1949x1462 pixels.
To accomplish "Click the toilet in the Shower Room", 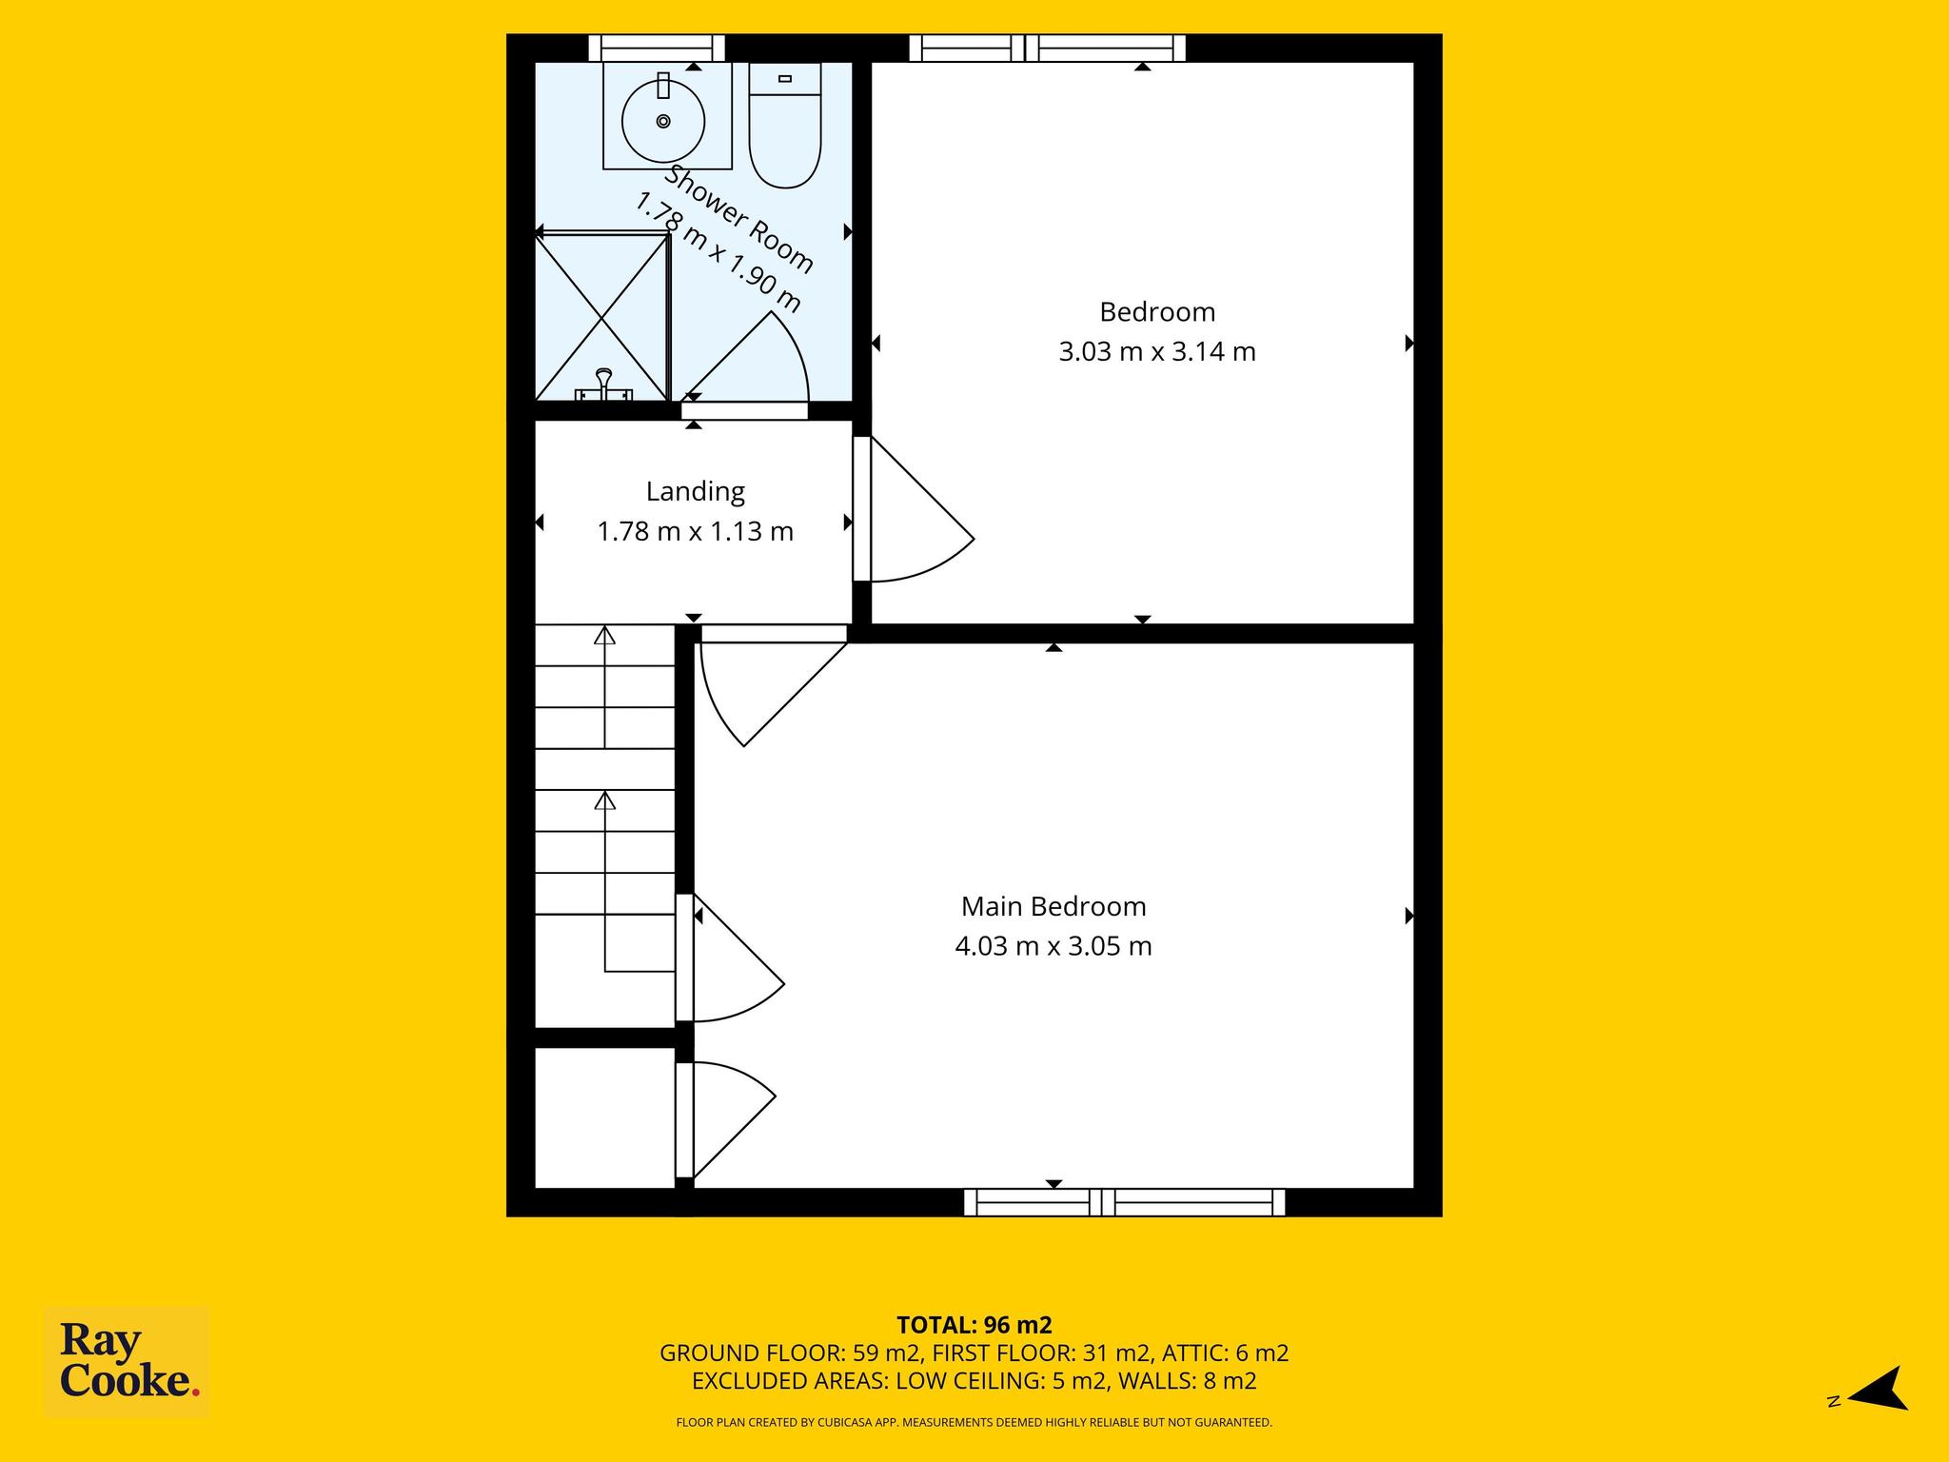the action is pos(785,125).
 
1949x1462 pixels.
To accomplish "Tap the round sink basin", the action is pos(663,121).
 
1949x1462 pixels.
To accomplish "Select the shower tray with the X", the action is pos(602,317).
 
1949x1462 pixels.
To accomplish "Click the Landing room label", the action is pos(695,491).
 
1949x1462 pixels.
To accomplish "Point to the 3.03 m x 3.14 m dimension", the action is pos(1157,352).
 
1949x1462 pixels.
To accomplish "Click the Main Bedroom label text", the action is pos(1053,906).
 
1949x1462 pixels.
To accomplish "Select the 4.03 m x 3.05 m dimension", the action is pos(1053,946).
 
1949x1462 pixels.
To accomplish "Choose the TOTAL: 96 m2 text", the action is pos(974,1325).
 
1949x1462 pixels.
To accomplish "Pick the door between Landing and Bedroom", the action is pos(913,509).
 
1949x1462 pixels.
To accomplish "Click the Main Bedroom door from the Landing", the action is pos(774,685).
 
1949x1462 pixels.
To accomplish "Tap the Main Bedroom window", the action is pos(1125,1202).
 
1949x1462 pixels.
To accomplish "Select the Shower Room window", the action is pos(657,49).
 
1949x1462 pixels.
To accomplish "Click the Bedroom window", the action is pos(1048,49).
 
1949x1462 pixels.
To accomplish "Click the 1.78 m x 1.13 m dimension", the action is pos(695,531).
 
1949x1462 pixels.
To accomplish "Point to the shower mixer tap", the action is pos(603,385).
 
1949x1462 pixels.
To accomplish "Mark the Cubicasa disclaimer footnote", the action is pos(974,1423).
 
